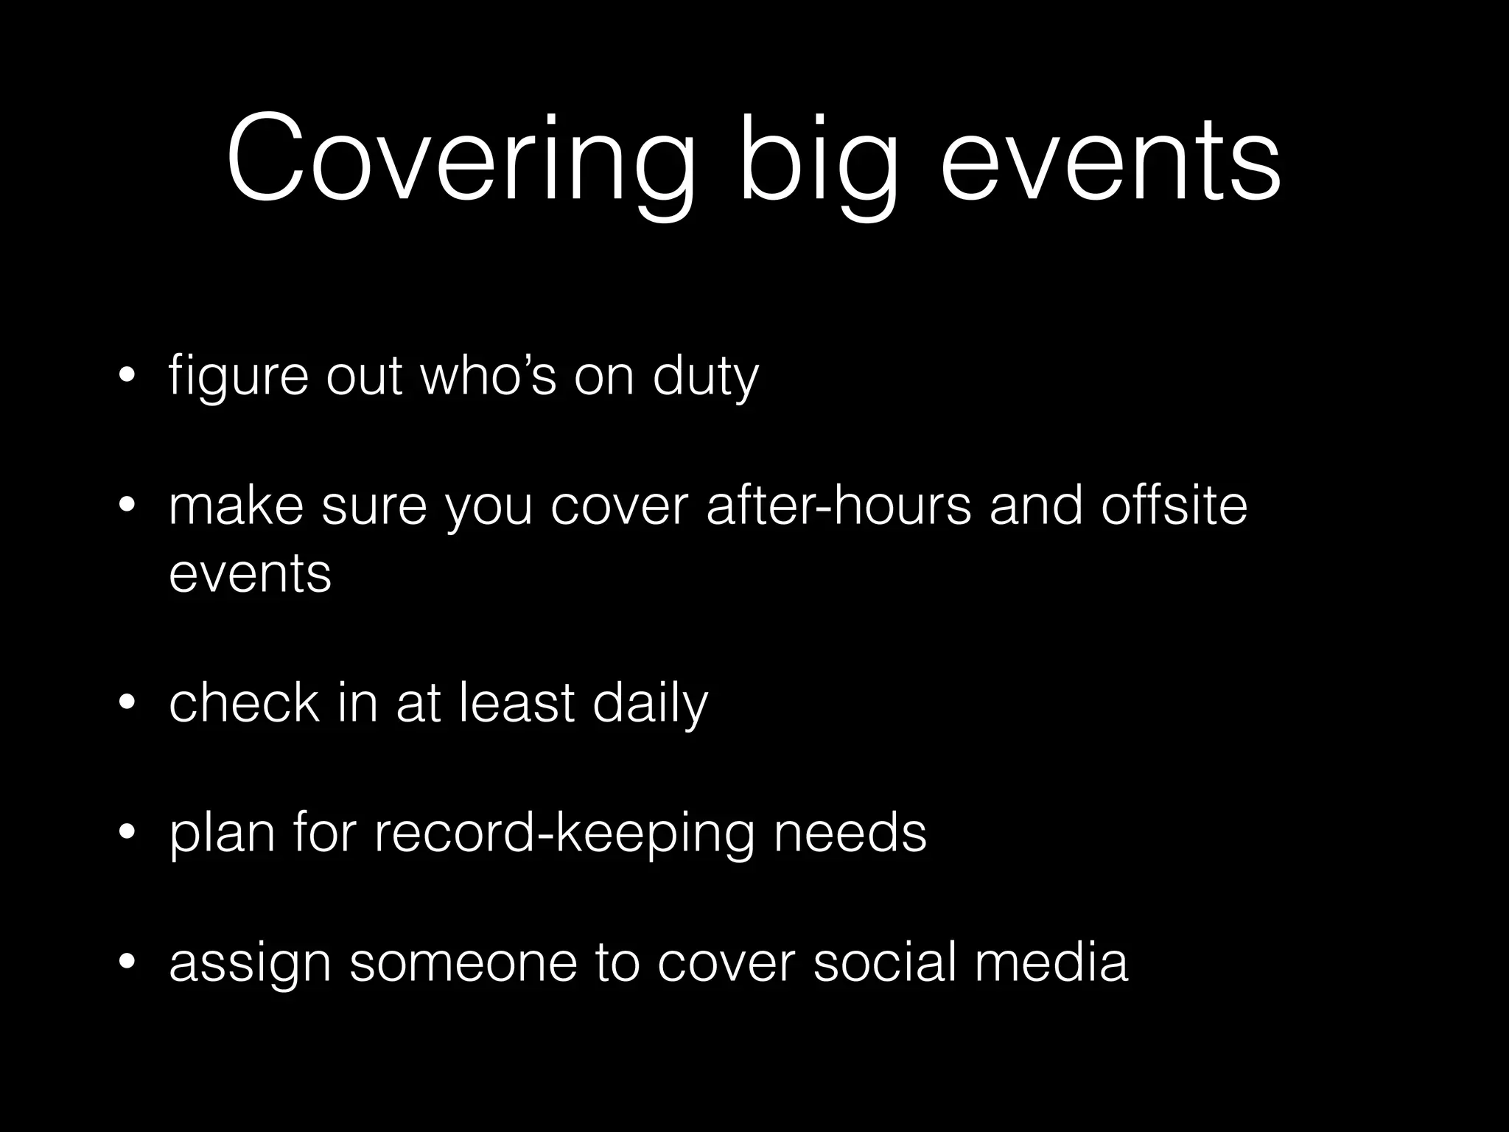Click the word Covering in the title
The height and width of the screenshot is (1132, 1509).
coord(461,161)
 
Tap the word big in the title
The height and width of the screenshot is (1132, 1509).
coord(819,161)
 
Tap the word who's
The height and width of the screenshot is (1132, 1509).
coord(487,376)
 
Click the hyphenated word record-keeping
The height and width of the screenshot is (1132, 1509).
coord(564,835)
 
